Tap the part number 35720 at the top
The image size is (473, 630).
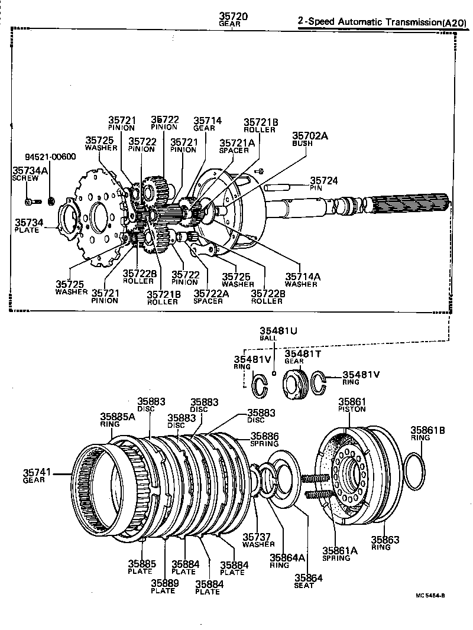point(233,17)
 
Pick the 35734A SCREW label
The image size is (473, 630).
point(29,173)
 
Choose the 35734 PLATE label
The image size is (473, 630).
point(28,225)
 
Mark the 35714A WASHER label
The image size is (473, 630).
point(301,280)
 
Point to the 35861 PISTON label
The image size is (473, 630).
point(352,404)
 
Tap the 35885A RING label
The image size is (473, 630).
point(117,419)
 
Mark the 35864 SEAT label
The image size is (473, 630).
point(308,581)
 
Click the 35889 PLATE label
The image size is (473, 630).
point(163,586)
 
